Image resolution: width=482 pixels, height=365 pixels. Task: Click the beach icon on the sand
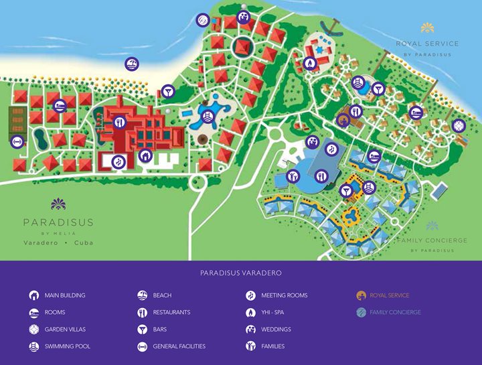coord(132,64)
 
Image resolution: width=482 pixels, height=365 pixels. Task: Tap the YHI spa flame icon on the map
coord(310,63)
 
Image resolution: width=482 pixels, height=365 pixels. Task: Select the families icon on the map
coord(293,176)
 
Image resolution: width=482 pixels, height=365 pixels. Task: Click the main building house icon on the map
coord(145,156)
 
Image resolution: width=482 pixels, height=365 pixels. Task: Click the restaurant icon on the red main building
coord(120,122)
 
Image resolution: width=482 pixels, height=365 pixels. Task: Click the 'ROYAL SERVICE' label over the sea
coord(427,44)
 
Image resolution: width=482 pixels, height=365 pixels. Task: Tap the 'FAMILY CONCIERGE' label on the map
coord(432,240)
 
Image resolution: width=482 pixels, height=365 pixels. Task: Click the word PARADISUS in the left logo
coord(58,222)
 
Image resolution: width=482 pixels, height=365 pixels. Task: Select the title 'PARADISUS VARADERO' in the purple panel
coord(240,273)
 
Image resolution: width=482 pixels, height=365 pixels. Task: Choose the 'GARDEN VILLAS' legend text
coord(65,330)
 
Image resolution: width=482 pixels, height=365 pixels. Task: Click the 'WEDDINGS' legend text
coord(276,330)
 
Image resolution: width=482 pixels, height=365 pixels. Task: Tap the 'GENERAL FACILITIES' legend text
coord(179,346)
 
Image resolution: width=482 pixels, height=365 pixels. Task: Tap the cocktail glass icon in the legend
coord(142,330)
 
